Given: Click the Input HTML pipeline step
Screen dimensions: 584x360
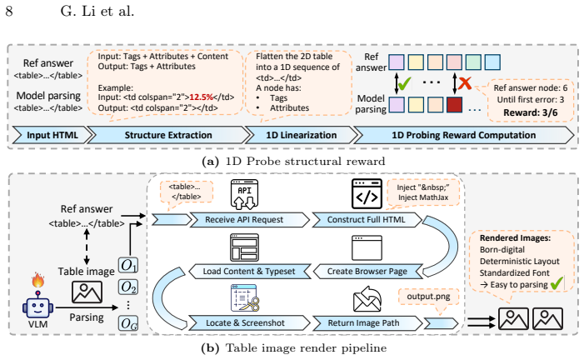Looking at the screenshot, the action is (x=52, y=135).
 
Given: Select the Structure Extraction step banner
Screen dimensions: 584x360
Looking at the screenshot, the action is (x=168, y=135).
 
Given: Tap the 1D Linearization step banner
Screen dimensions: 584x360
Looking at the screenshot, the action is (x=301, y=135).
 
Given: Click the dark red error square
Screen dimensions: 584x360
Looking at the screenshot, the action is (x=454, y=105).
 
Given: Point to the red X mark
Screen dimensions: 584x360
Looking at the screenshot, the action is (x=465, y=83).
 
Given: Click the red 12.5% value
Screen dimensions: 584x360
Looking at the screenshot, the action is (x=201, y=97).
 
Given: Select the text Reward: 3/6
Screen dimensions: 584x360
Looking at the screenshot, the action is (x=531, y=112).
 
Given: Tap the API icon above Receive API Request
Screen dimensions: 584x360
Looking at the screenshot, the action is (x=244, y=194).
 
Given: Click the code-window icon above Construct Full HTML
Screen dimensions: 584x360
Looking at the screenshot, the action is (x=367, y=194).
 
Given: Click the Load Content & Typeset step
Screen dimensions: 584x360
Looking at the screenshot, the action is (x=250, y=272).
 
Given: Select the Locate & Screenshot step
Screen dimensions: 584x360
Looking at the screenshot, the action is (x=250, y=323).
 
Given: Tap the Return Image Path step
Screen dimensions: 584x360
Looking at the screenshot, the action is (x=367, y=323).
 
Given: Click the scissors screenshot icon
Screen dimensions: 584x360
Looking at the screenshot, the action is (x=245, y=297).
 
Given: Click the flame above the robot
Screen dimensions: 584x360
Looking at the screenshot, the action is (x=38, y=280).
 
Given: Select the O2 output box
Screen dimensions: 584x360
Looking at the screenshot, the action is (x=128, y=287).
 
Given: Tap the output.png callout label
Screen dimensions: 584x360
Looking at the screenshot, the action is (x=428, y=297).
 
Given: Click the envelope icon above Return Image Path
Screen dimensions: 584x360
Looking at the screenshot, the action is (x=367, y=298).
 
